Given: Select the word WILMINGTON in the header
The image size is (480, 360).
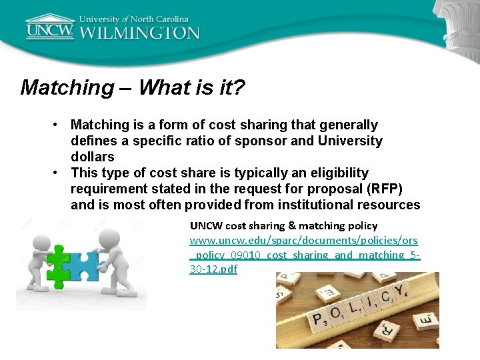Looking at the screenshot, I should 140,33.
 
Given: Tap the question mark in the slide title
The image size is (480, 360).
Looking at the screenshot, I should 239,87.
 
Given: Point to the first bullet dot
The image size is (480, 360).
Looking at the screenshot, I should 59,125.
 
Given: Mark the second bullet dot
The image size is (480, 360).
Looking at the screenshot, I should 59,173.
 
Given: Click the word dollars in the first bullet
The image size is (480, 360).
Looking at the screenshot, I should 93,157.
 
